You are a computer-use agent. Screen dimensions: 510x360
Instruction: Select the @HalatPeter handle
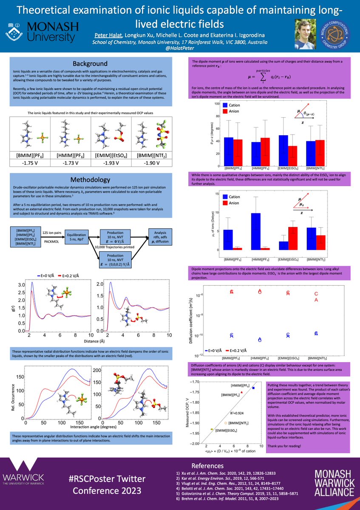[x=180, y=50]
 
